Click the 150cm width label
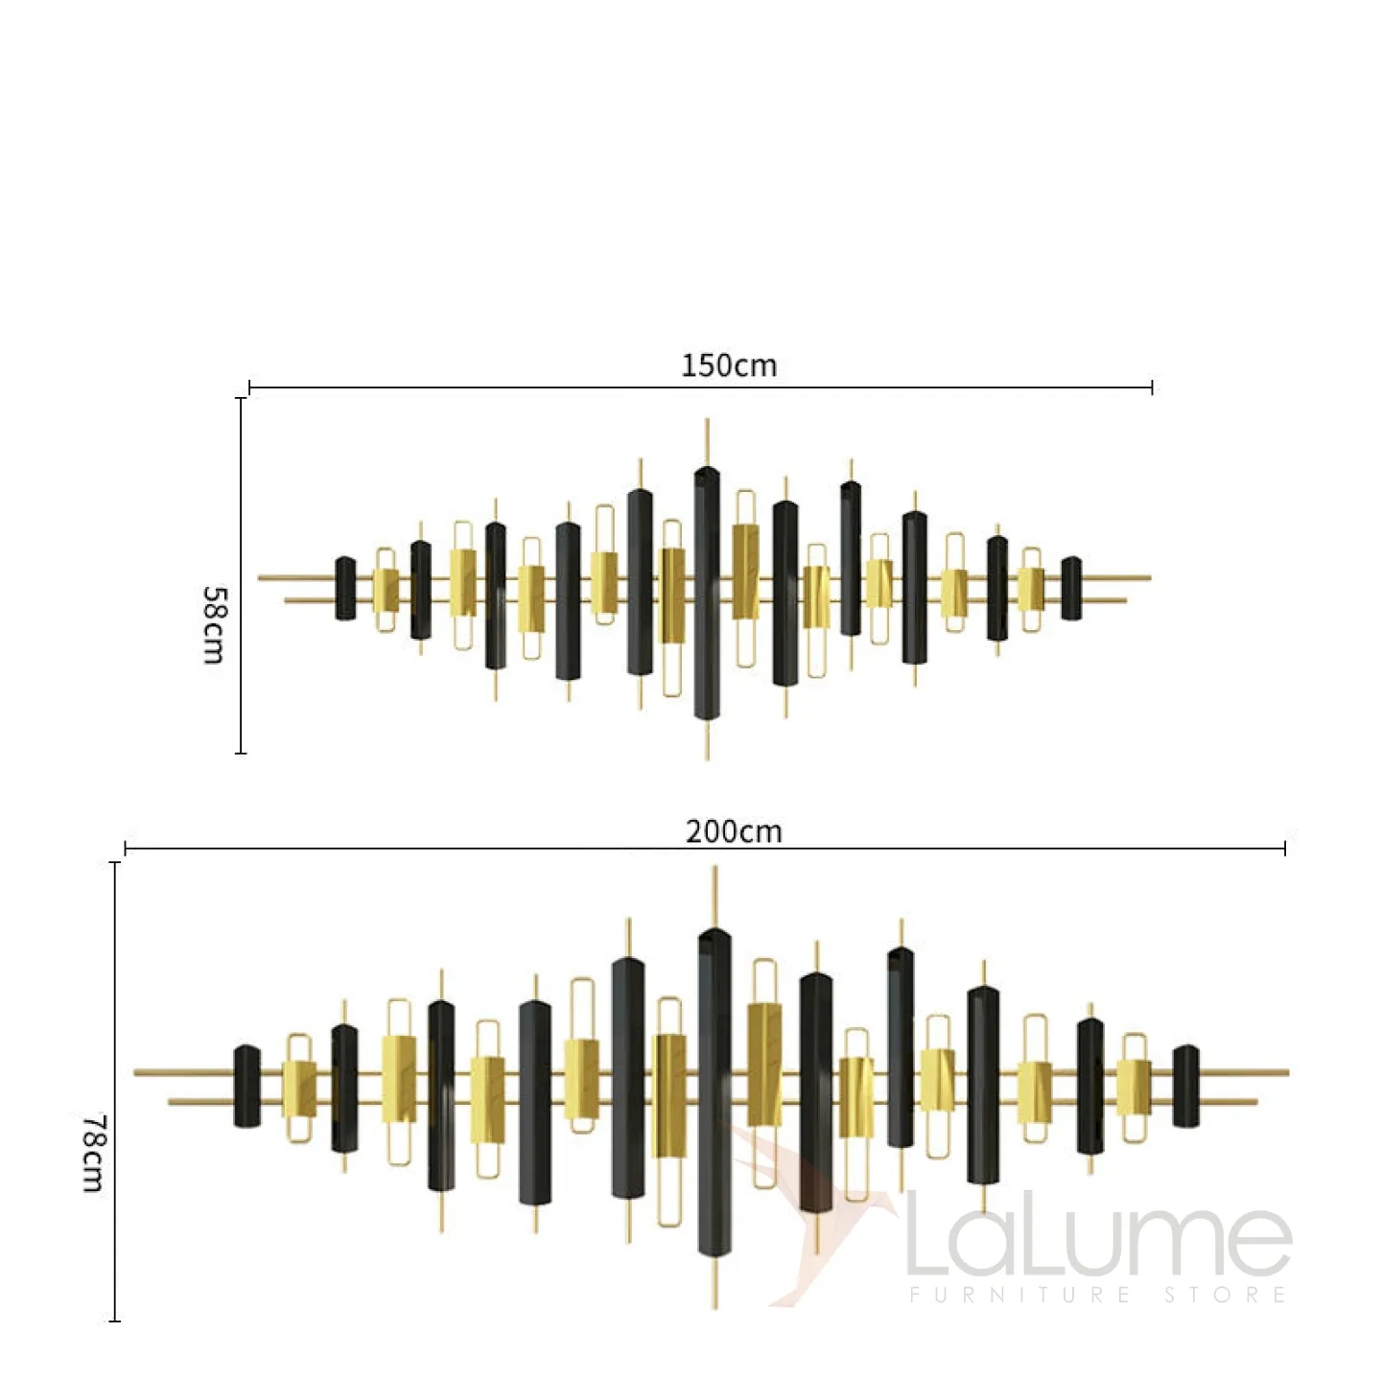tap(728, 365)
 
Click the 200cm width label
tap(734, 831)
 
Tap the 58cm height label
tap(214, 625)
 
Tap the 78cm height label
tap(93, 1153)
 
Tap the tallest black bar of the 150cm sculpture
tap(707, 593)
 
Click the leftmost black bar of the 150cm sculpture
tap(345, 589)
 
